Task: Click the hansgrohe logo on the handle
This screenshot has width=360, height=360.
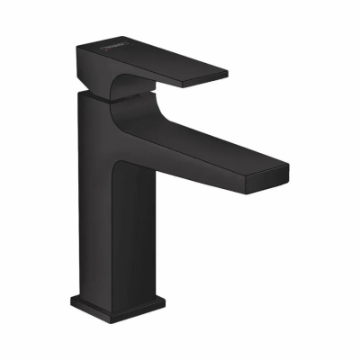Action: (107, 53)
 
